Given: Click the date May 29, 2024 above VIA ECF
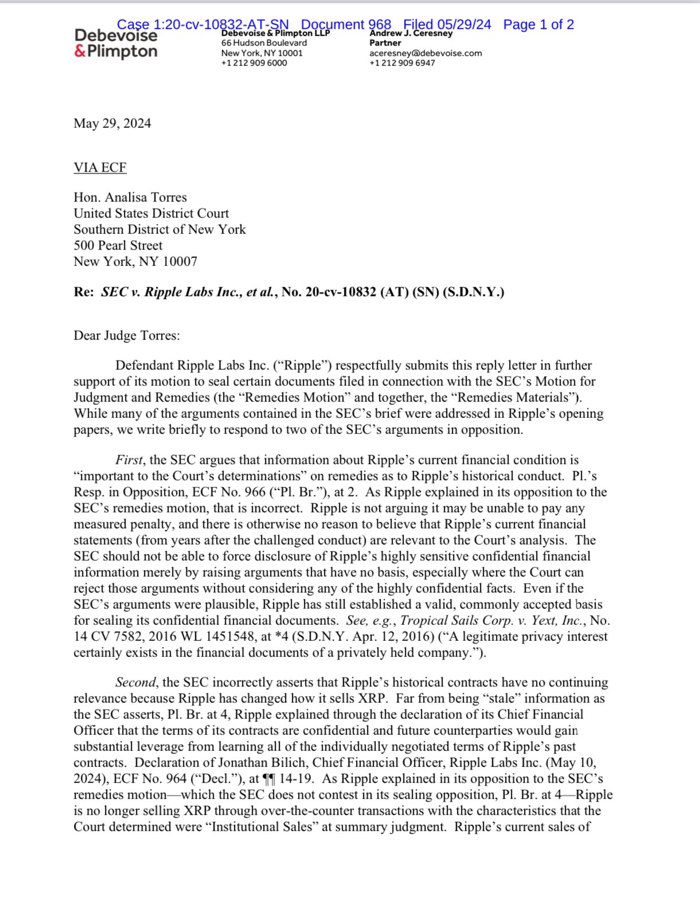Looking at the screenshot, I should pyautogui.click(x=112, y=123).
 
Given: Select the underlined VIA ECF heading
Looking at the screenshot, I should pyautogui.click(x=100, y=167).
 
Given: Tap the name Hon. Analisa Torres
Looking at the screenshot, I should pyautogui.click(x=130, y=197).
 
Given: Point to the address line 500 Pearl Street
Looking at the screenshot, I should pyautogui.click(x=118, y=245).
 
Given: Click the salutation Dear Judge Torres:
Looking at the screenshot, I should pyautogui.click(x=127, y=335).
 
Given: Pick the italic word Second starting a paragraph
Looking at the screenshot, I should pyautogui.click(x=136, y=682).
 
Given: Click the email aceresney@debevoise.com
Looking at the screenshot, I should pyautogui.click(x=425, y=53).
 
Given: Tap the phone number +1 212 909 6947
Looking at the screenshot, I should pyautogui.click(x=402, y=63).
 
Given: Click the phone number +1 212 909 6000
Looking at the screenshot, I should pyautogui.click(x=254, y=63).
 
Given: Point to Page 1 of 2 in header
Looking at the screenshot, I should pyautogui.click(x=538, y=25).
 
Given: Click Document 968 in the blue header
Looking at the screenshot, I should pyautogui.click(x=346, y=25).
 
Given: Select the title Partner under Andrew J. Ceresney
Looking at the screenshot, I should pyautogui.click(x=385, y=43).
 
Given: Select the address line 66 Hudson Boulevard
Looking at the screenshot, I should pyautogui.click(x=264, y=43).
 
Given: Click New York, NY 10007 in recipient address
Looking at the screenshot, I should pyautogui.click(x=135, y=261).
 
